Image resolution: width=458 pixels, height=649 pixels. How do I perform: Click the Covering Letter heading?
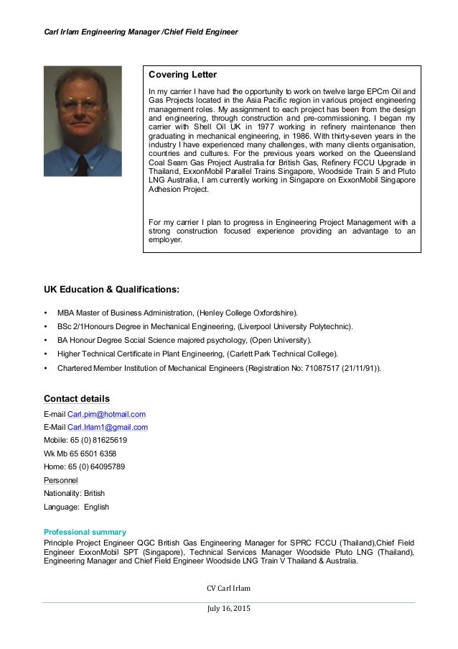point(182,75)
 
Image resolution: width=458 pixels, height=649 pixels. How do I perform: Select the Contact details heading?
point(77,399)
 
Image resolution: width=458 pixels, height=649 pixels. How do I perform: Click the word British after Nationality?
point(95,493)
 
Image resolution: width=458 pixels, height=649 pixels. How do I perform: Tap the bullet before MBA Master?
point(47,313)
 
